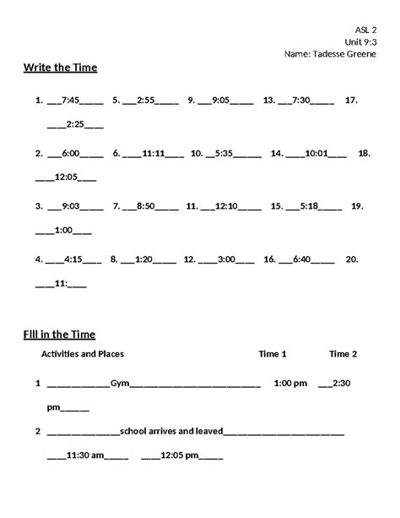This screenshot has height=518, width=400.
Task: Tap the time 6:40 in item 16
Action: [x=301, y=259]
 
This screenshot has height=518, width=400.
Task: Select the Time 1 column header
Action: [x=273, y=354]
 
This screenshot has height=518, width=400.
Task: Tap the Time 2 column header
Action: [x=343, y=354]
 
